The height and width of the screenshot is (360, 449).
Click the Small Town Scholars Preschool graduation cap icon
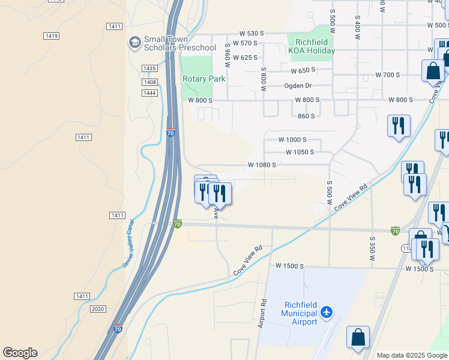tap(134, 43)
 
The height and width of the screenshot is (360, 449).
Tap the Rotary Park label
tap(203, 79)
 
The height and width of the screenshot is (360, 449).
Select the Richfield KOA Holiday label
tap(312, 47)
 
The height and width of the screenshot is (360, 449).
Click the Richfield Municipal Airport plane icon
tap(326, 312)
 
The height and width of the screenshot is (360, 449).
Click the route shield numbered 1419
tap(51, 36)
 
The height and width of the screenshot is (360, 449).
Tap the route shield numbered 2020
tap(97, 308)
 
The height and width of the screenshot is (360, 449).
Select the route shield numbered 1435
tap(149, 69)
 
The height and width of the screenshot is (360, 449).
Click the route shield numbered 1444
tap(149, 92)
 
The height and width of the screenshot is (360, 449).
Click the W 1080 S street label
tap(262, 164)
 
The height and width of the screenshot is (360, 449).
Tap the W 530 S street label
tap(252, 34)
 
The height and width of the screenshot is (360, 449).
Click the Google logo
tap(20, 353)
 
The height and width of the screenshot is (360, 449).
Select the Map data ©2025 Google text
tap(412, 355)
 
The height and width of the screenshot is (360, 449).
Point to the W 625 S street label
tap(244, 58)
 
